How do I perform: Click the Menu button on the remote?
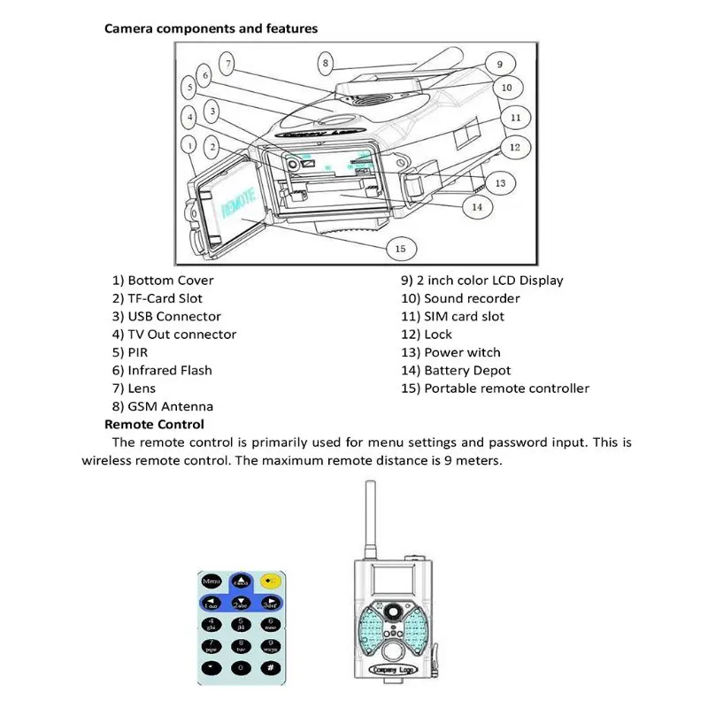212,581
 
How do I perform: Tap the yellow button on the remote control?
271,581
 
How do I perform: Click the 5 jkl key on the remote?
241,625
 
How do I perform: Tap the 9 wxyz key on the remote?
270,645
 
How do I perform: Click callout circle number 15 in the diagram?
400,249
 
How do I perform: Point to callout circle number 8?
326,63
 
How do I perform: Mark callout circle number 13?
500,182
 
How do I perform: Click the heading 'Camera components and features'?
211,28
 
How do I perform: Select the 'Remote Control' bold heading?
154,425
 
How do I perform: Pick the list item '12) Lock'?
427,335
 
